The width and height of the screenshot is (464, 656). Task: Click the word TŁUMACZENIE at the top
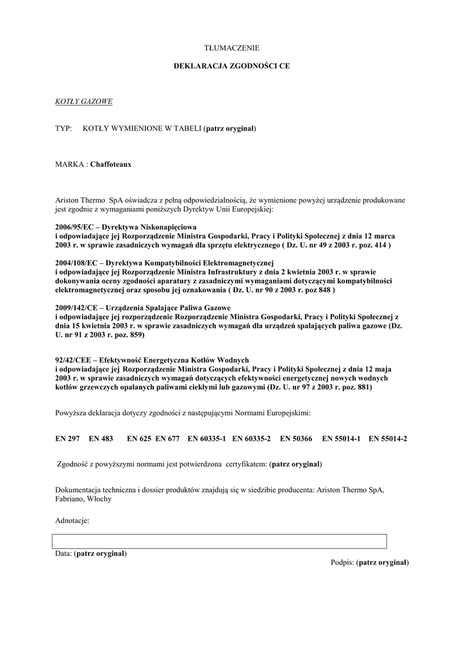pyautogui.click(x=231, y=48)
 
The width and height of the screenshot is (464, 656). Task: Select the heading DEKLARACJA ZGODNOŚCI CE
pyautogui.click(x=231, y=66)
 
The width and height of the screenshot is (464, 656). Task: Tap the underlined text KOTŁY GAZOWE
pyautogui.click(x=84, y=102)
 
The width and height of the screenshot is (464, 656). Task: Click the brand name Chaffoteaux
pyautogui.click(x=111, y=165)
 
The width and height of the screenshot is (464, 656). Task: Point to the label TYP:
pyautogui.click(x=63, y=129)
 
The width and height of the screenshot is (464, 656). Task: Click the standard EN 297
pyautogui.click(x=67, y=439)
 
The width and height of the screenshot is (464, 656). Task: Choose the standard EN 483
pyautogui.click(x=101, y=439)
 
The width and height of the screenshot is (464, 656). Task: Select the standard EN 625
pyautogui.click(x=139, y=439)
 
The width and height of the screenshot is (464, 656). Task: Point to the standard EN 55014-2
pyautogui.click(x=388, y=439)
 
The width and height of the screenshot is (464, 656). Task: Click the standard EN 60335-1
pyautogui.click(x=206, y=439)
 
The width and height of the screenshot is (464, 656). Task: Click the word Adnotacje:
pyautogui.click(x=72, y=521)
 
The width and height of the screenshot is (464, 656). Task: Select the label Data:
pyautogui.click(x=63, y=553)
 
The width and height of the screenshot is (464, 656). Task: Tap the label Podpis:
pyautogui.click(x=342, y=562)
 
